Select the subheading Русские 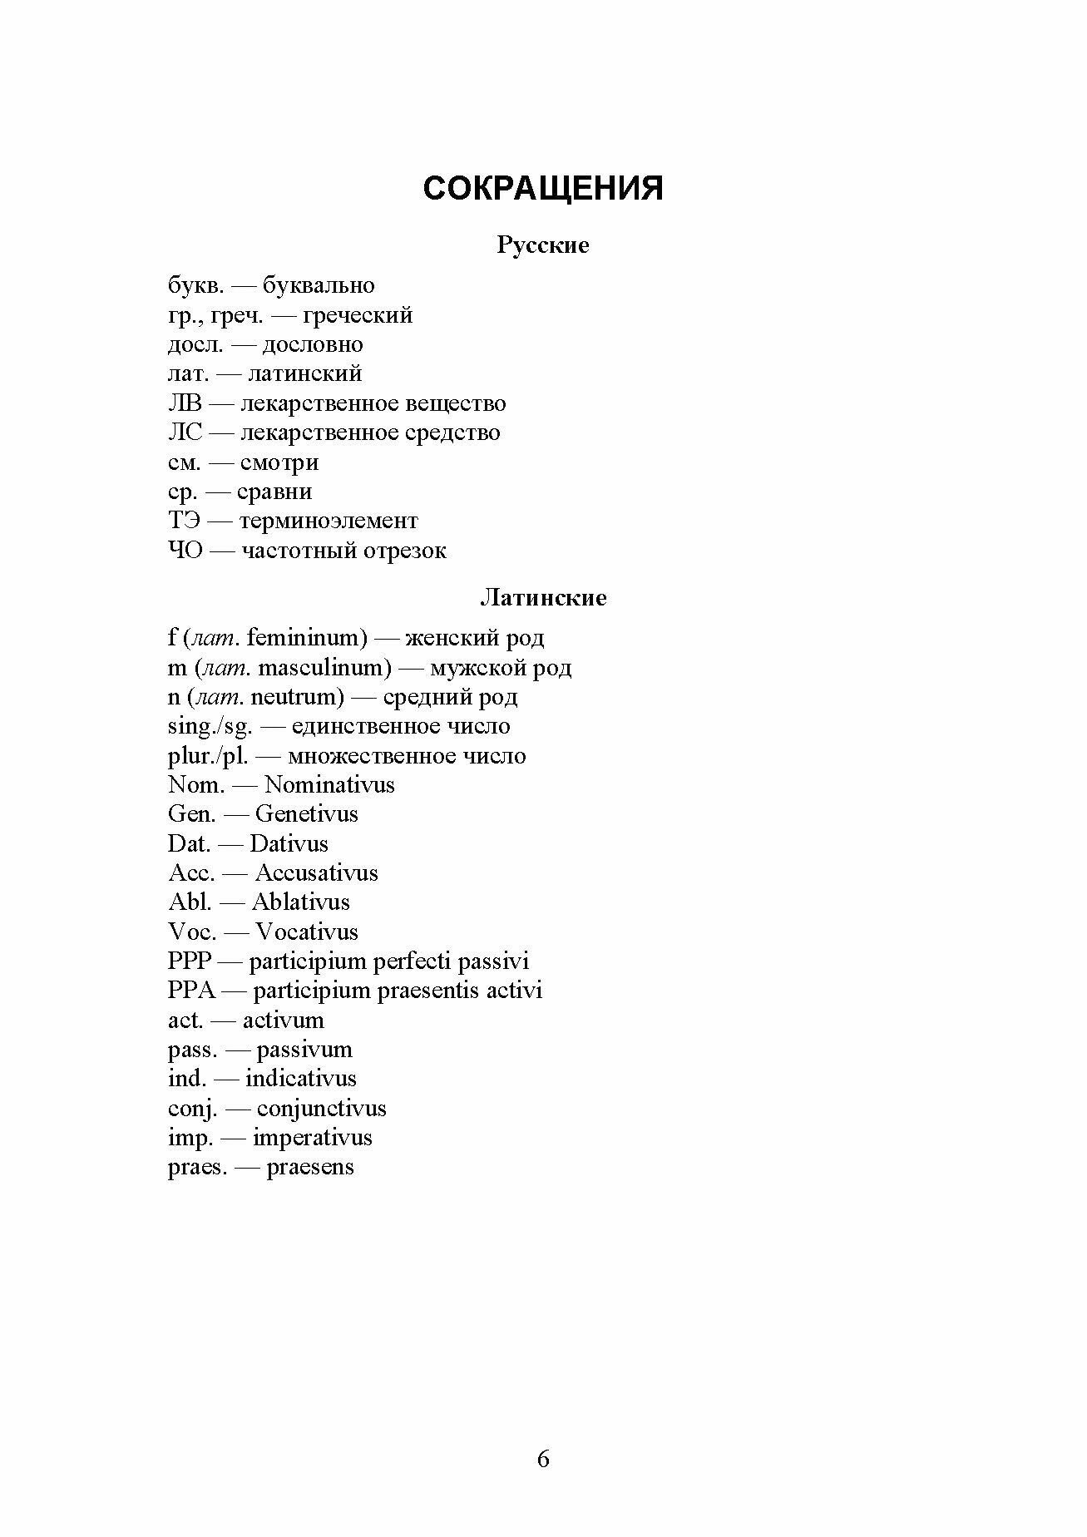[542, 245]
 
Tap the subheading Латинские [543, 598]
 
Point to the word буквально [319, 286]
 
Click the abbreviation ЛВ [185, 403]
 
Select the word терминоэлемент [329, 521]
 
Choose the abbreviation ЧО [185, 551]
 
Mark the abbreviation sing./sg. [210, 727]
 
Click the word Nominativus [329, 785]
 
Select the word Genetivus [306, 814]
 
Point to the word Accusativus [316, 873]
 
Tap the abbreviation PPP [190, 961]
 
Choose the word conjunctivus [321, 1109]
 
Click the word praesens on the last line [309, 1167]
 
